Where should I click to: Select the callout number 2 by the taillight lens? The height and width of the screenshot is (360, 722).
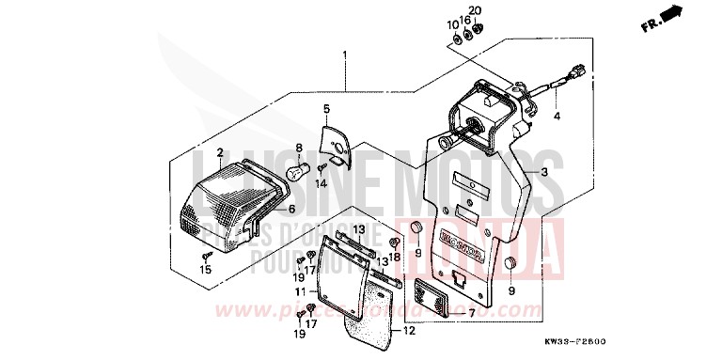pyautogui.click(x=219, y=153)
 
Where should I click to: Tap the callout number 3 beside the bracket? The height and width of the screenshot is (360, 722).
pyautogui.click(x=543, y=174)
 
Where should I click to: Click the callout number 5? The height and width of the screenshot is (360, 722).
pyautogui.click(x=326, y=109)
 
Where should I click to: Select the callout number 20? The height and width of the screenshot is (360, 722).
pyautogui.click(x=475, y=10)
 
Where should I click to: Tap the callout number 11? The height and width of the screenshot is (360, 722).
pyautogui.click(x=298, y=292)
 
